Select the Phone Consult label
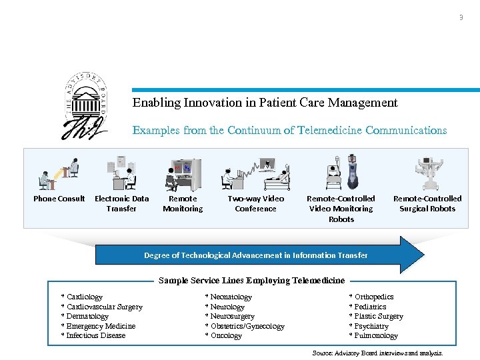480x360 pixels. pyautogui.click(x=59, y=199)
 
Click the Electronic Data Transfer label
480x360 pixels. pyautogui.click(x=121, y=203)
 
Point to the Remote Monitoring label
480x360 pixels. pyautogui.click(x=183, y=203)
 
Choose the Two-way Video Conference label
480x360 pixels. pyautogui.click(x=255, y=203)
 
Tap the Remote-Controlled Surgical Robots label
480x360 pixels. pyautogui.click(x=427, y=203)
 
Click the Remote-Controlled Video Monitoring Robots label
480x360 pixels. pyautogui.click(x=341, y=209)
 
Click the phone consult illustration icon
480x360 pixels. pyautogui.click(x=59, y=174)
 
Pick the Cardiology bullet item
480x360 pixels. pyautogui.click(x=83, y=297)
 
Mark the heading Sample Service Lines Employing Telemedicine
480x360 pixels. pyautogui.click(x=251, y=281)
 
